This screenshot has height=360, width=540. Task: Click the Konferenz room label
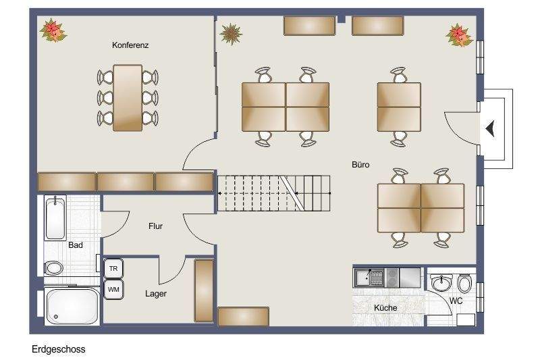point(130,45)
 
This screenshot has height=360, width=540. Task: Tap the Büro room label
point(360,165)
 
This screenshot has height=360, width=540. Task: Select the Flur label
point(155,226)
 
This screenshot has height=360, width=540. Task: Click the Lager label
point(155,294)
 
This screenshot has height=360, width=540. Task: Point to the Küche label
point(385,308)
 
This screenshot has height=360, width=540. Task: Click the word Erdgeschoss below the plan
point(58,350)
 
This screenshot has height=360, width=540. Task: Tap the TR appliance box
point(113,269)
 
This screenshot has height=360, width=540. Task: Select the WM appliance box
point(113,290)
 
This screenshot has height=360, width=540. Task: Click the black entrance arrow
point(491,128)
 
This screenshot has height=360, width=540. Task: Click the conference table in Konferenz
point(128,98)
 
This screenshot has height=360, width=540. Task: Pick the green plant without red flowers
point(231,32)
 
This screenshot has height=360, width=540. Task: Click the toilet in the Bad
point(54,267)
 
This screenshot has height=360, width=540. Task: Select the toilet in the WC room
point(464,282)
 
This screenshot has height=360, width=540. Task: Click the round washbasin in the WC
point(441,282)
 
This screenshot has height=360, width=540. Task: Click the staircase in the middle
point(275,192)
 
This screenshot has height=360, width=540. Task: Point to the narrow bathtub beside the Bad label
point(55,217)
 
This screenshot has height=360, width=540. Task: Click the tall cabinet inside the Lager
point(204,290)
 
